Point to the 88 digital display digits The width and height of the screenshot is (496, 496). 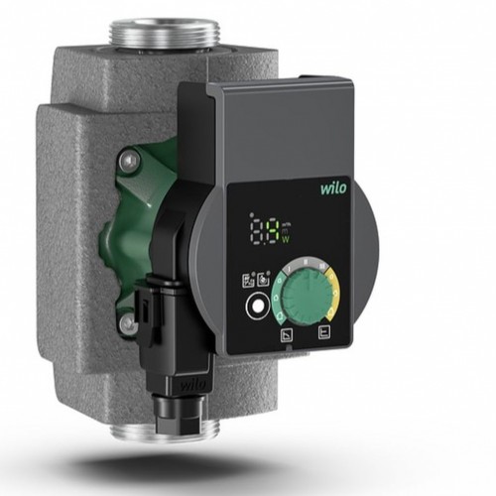265,232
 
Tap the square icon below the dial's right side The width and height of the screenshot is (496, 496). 322,333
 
